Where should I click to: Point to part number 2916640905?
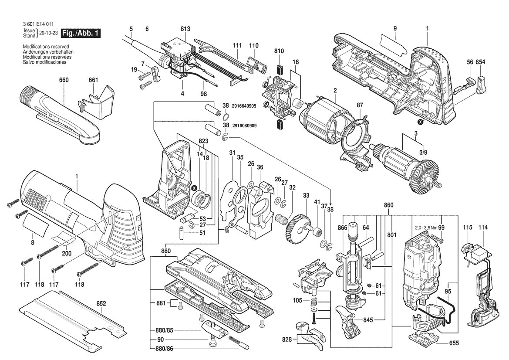tap(245, 105)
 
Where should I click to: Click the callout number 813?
tap(185, 29)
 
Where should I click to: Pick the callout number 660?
tap(64, 80)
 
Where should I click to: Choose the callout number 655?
tap(454, 343)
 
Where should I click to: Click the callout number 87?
tap(360, 105)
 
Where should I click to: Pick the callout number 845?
tap(368, 320)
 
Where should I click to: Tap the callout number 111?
tap(237, 45)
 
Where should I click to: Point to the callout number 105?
tap(297, 300)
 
